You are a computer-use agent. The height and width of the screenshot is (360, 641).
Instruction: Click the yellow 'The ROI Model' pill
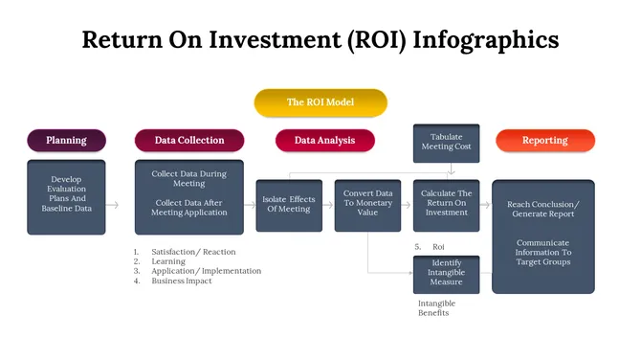320,101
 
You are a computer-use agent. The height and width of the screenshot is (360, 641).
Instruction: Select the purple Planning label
66,141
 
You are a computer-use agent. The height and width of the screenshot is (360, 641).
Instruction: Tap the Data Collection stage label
189,141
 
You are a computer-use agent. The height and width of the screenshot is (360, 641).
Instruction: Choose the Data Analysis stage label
324,141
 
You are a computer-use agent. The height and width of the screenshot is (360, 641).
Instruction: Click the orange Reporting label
544,141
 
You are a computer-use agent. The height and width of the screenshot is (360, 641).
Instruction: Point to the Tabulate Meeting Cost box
446,142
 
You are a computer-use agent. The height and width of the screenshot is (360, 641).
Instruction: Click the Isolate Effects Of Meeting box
289,205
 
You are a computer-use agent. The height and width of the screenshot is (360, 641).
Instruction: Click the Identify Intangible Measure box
446,273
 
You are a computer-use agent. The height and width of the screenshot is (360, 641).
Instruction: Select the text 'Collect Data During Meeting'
189,178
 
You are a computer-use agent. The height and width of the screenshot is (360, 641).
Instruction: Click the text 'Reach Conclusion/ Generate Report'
543,210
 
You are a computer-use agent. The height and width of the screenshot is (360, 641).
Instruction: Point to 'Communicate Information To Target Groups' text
543,252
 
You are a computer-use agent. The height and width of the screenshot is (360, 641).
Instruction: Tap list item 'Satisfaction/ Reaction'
193,252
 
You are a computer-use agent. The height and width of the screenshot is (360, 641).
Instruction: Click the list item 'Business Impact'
182,281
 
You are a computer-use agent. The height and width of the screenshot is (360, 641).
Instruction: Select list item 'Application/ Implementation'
206,271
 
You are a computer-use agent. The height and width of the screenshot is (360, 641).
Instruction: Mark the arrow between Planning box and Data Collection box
113,205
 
